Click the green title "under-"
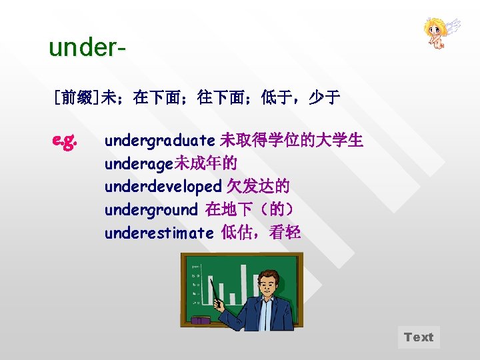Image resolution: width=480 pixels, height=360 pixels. (x=87, y=49)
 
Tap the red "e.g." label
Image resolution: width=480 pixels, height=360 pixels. (x=65, y=141)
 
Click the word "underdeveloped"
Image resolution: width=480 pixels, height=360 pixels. (x=162, y=187)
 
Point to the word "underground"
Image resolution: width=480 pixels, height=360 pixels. (x=151, y=209)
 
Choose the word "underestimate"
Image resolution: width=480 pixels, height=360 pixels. (x=159, y=233)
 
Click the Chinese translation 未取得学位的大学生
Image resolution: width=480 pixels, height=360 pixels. (x=291, y=141)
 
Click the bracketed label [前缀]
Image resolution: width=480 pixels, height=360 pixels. (x=76, y=99)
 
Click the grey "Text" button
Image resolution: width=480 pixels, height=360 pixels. (x=419, y=337)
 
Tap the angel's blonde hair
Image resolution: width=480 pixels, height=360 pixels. (x=434, y=25)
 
